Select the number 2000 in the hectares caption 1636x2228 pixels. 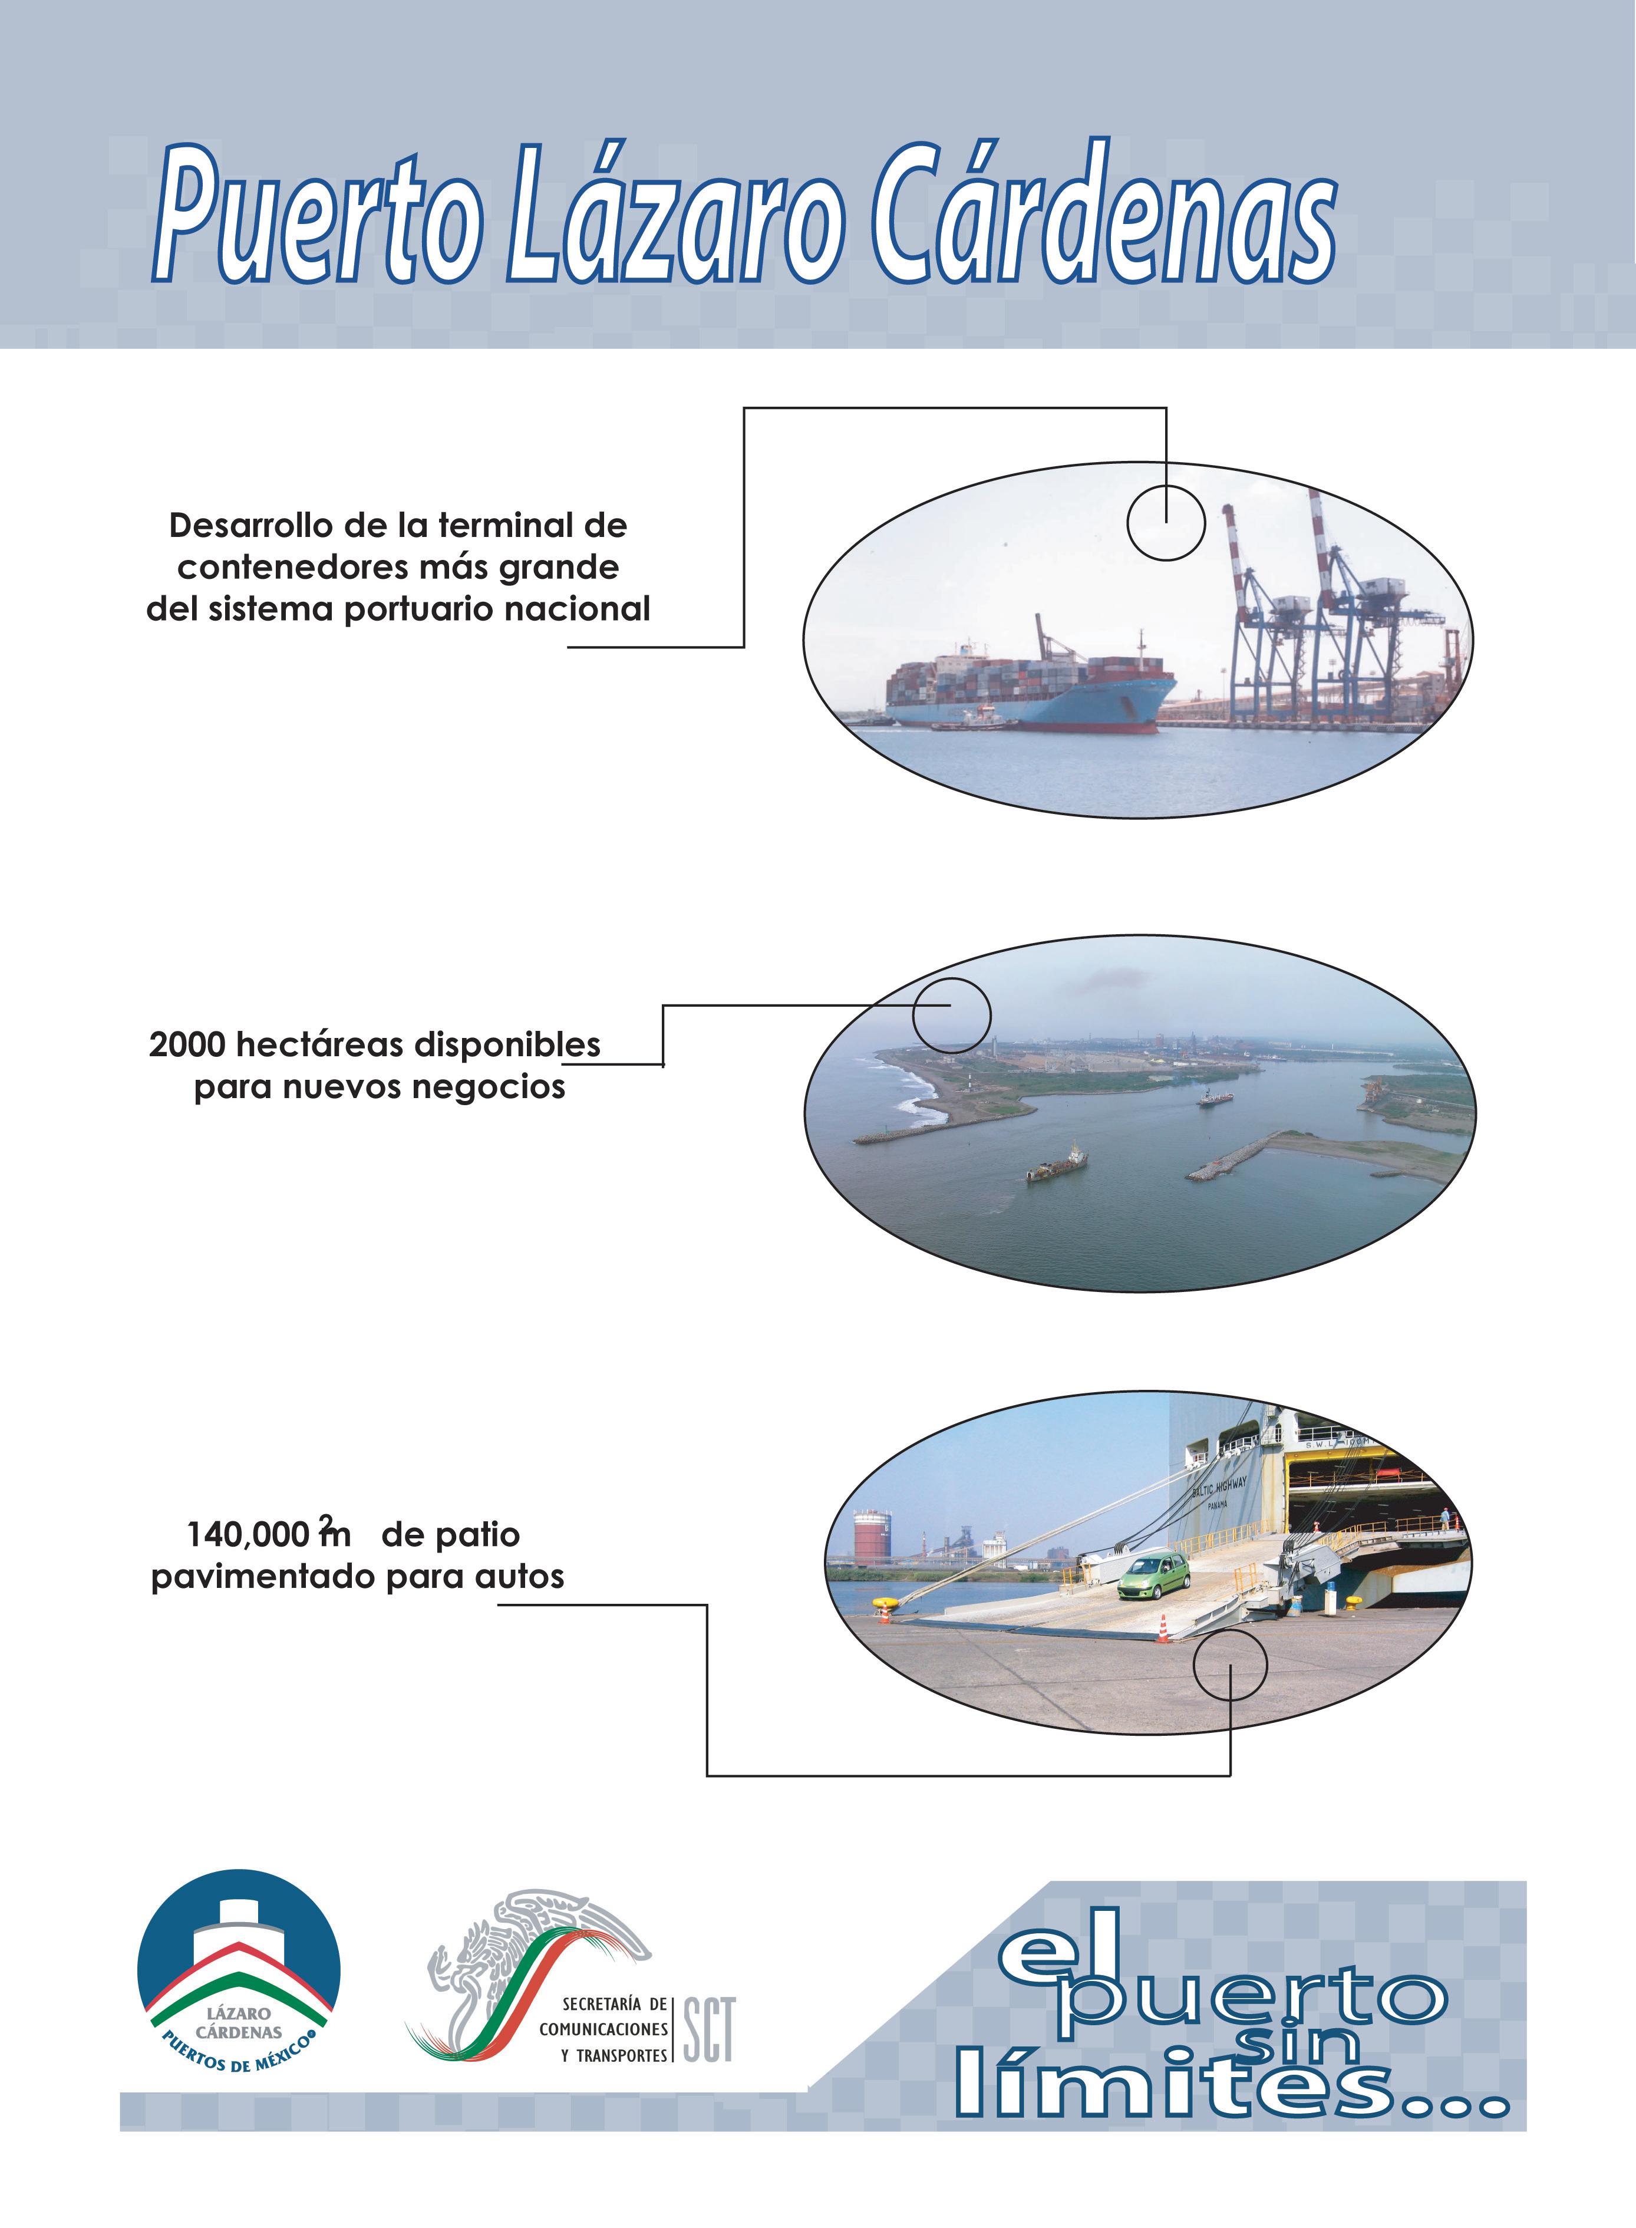tap(188, 1044)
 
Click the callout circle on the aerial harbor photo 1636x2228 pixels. tap(951, 1015)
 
